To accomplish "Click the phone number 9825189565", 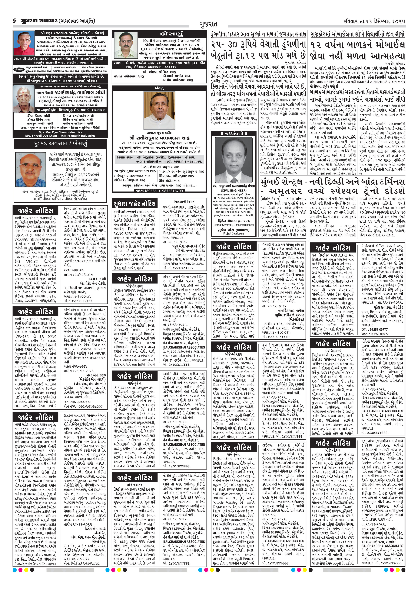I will point(146,191).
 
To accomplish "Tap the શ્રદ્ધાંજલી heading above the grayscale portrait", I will point(233,133).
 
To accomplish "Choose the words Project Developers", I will point(233,233).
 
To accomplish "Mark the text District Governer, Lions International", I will point(233,225).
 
